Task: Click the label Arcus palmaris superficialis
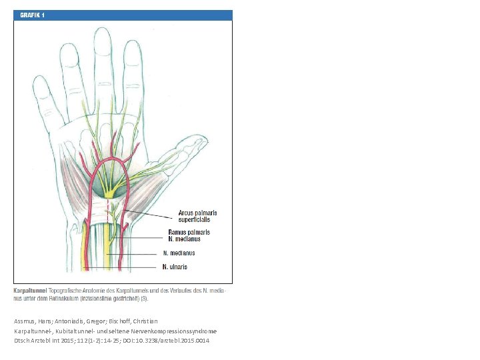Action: tap(197, 216)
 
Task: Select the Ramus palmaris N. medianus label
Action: tap(189, 235)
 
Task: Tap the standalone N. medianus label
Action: tap(179, 253)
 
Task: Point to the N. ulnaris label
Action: tap(175, 267)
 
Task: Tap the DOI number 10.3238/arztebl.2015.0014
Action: tap(172, 341)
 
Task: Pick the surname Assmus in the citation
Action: tap(25, 321)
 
